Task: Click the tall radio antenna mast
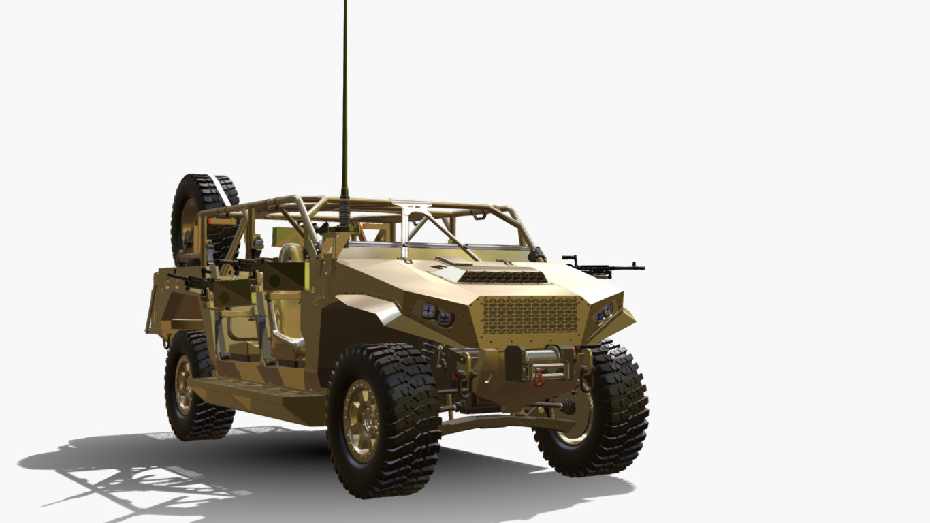point(344,102)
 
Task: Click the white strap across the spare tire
point(220,189)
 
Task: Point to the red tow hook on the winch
point(539,377)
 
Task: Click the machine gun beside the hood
point(603,267)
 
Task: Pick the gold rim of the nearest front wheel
point(361,421)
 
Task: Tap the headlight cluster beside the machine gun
point(603,313)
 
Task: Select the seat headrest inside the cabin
point(291,253)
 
